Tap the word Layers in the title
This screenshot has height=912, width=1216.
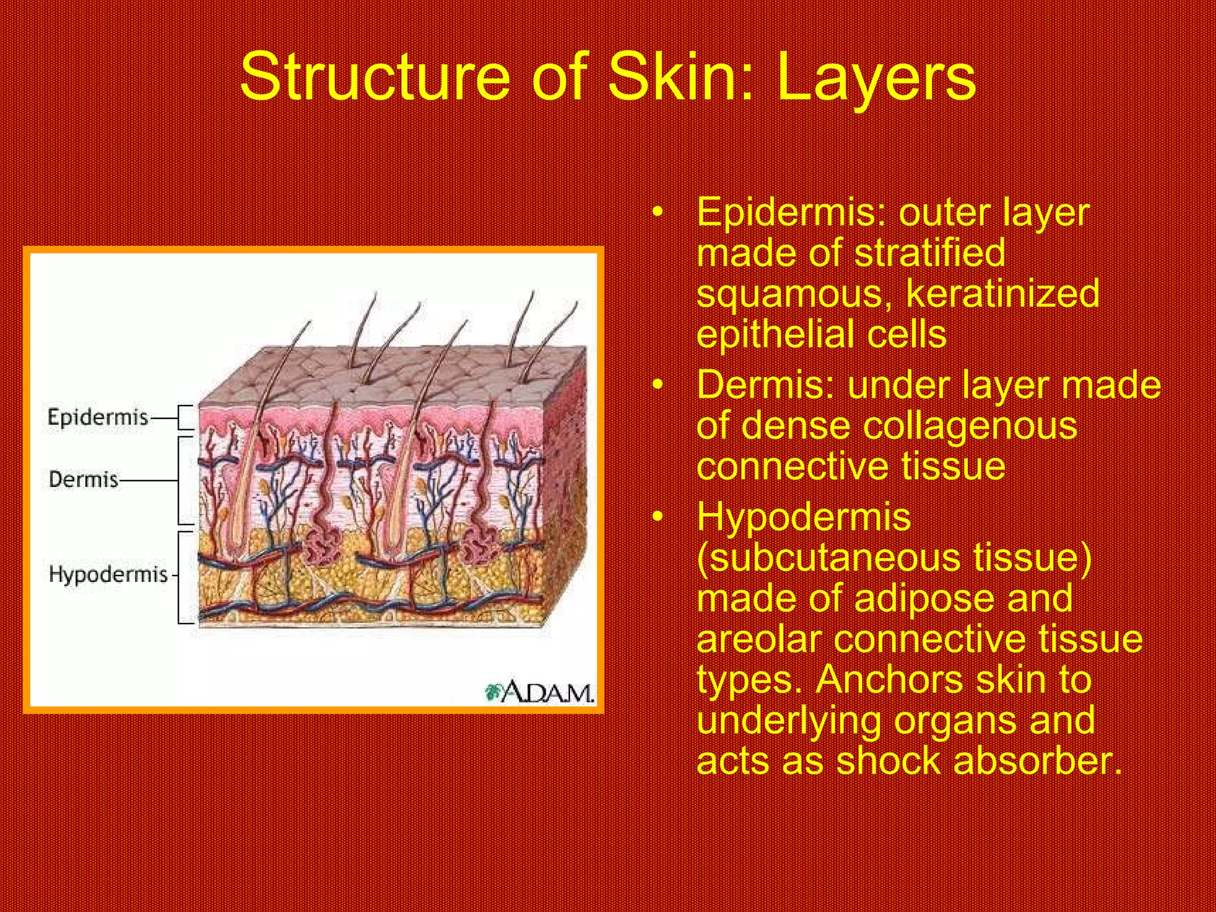point(876,77)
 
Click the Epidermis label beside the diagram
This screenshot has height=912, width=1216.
point(97,417)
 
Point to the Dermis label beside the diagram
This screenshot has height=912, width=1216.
point(84,479)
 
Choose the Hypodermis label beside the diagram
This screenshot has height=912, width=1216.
point(108,574)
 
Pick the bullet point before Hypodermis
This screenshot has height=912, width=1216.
point(657,518)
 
